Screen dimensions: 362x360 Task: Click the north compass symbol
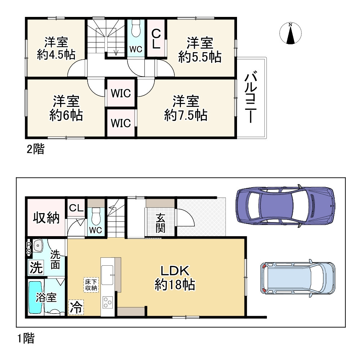coord(290,33)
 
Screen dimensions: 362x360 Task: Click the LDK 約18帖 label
coord(175,278)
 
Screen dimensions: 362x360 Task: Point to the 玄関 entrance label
coord(160,223)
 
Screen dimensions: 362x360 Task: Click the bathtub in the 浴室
coord(35,297)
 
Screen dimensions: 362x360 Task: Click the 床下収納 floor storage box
coord(91,285)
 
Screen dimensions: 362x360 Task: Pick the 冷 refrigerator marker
coord(76,307)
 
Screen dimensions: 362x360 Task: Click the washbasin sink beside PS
coord(38,246)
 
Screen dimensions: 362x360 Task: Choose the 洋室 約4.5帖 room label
coord(56,49)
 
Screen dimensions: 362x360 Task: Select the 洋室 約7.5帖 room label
coord(186,108)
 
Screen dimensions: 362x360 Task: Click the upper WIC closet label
coord(121,93)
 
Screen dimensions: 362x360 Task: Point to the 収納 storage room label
coord(46,217)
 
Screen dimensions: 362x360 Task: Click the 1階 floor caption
coord(26,338)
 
